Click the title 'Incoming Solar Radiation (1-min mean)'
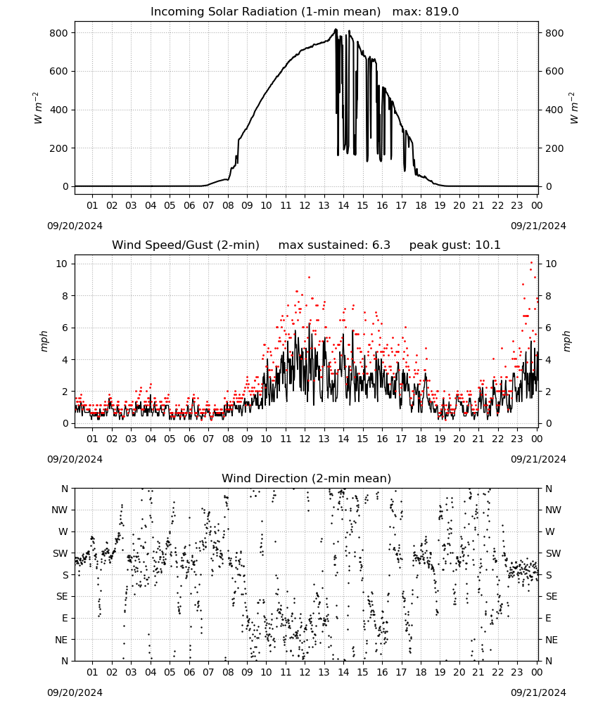point(265,12)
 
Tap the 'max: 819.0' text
point(426,12)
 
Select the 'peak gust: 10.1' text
point(455,245)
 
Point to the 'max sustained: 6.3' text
point(334,245)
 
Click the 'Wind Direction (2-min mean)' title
point(307,478)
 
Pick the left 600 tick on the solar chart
point(59,71)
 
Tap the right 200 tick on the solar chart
point(554,148)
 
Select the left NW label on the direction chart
point(60,510)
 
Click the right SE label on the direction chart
point(552,597)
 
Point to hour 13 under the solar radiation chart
point(324,205)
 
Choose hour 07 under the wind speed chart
point(208,439)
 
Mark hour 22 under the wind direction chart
point(497,672)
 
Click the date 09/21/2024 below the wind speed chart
point(538,459)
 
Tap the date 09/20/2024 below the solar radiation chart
point(75,226)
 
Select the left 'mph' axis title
point(44,341)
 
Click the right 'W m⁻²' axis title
point(574,108)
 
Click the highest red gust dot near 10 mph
point(532,263)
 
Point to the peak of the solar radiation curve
point(336,30)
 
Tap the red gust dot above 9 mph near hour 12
point(309,278)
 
